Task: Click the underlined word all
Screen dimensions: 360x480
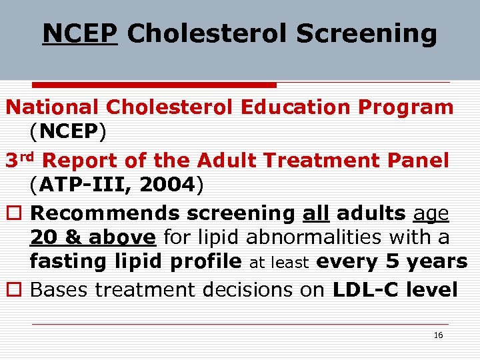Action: (x=317, y=213)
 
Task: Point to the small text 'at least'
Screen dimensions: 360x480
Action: (x=279, y=263)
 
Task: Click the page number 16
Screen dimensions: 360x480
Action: (x=438, y=335)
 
